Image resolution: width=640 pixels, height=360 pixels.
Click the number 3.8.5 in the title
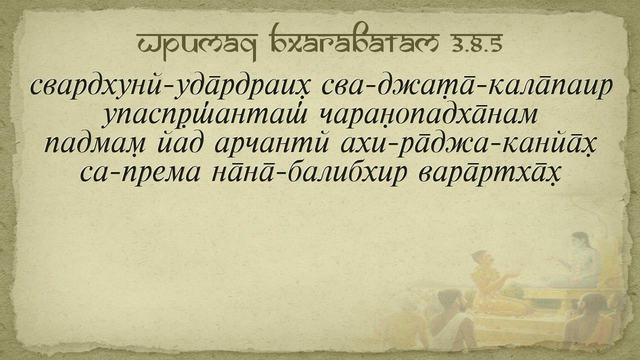click(x=476, y=44)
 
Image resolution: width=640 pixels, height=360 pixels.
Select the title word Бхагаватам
click(x=355, y=40)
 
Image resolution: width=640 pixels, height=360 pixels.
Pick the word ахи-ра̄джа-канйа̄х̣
click(x=468, y=145)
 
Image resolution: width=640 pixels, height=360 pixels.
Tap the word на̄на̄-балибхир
click(x=309, y=172)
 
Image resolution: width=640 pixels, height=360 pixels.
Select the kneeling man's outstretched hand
click(x=513, y=275)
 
